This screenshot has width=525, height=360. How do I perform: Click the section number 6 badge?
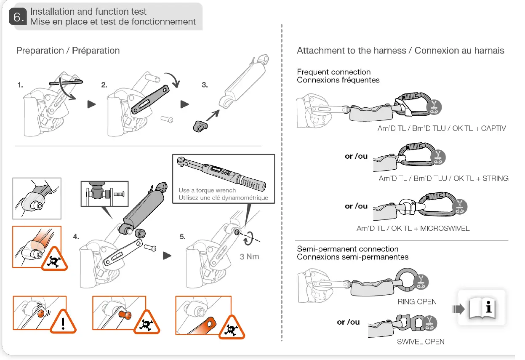tap(17, 17)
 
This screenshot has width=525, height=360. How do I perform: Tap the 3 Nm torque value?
tap(249, 256)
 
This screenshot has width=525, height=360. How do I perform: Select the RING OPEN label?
tap(416, 301)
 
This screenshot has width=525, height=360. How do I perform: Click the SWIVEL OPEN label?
tap(420, 341)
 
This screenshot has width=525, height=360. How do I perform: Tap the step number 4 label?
tap(76, 237)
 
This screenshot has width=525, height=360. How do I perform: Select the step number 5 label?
tap(182, 237)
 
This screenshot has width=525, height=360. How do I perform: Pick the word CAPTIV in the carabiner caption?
tap(493, 128)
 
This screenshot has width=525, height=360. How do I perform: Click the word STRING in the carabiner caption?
tap(495, 179)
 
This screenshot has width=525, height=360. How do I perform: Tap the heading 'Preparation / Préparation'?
tap(68, 51)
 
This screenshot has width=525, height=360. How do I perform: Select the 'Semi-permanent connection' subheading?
tap(347, 249)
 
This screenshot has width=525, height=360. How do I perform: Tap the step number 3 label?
tap(205, 85)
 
